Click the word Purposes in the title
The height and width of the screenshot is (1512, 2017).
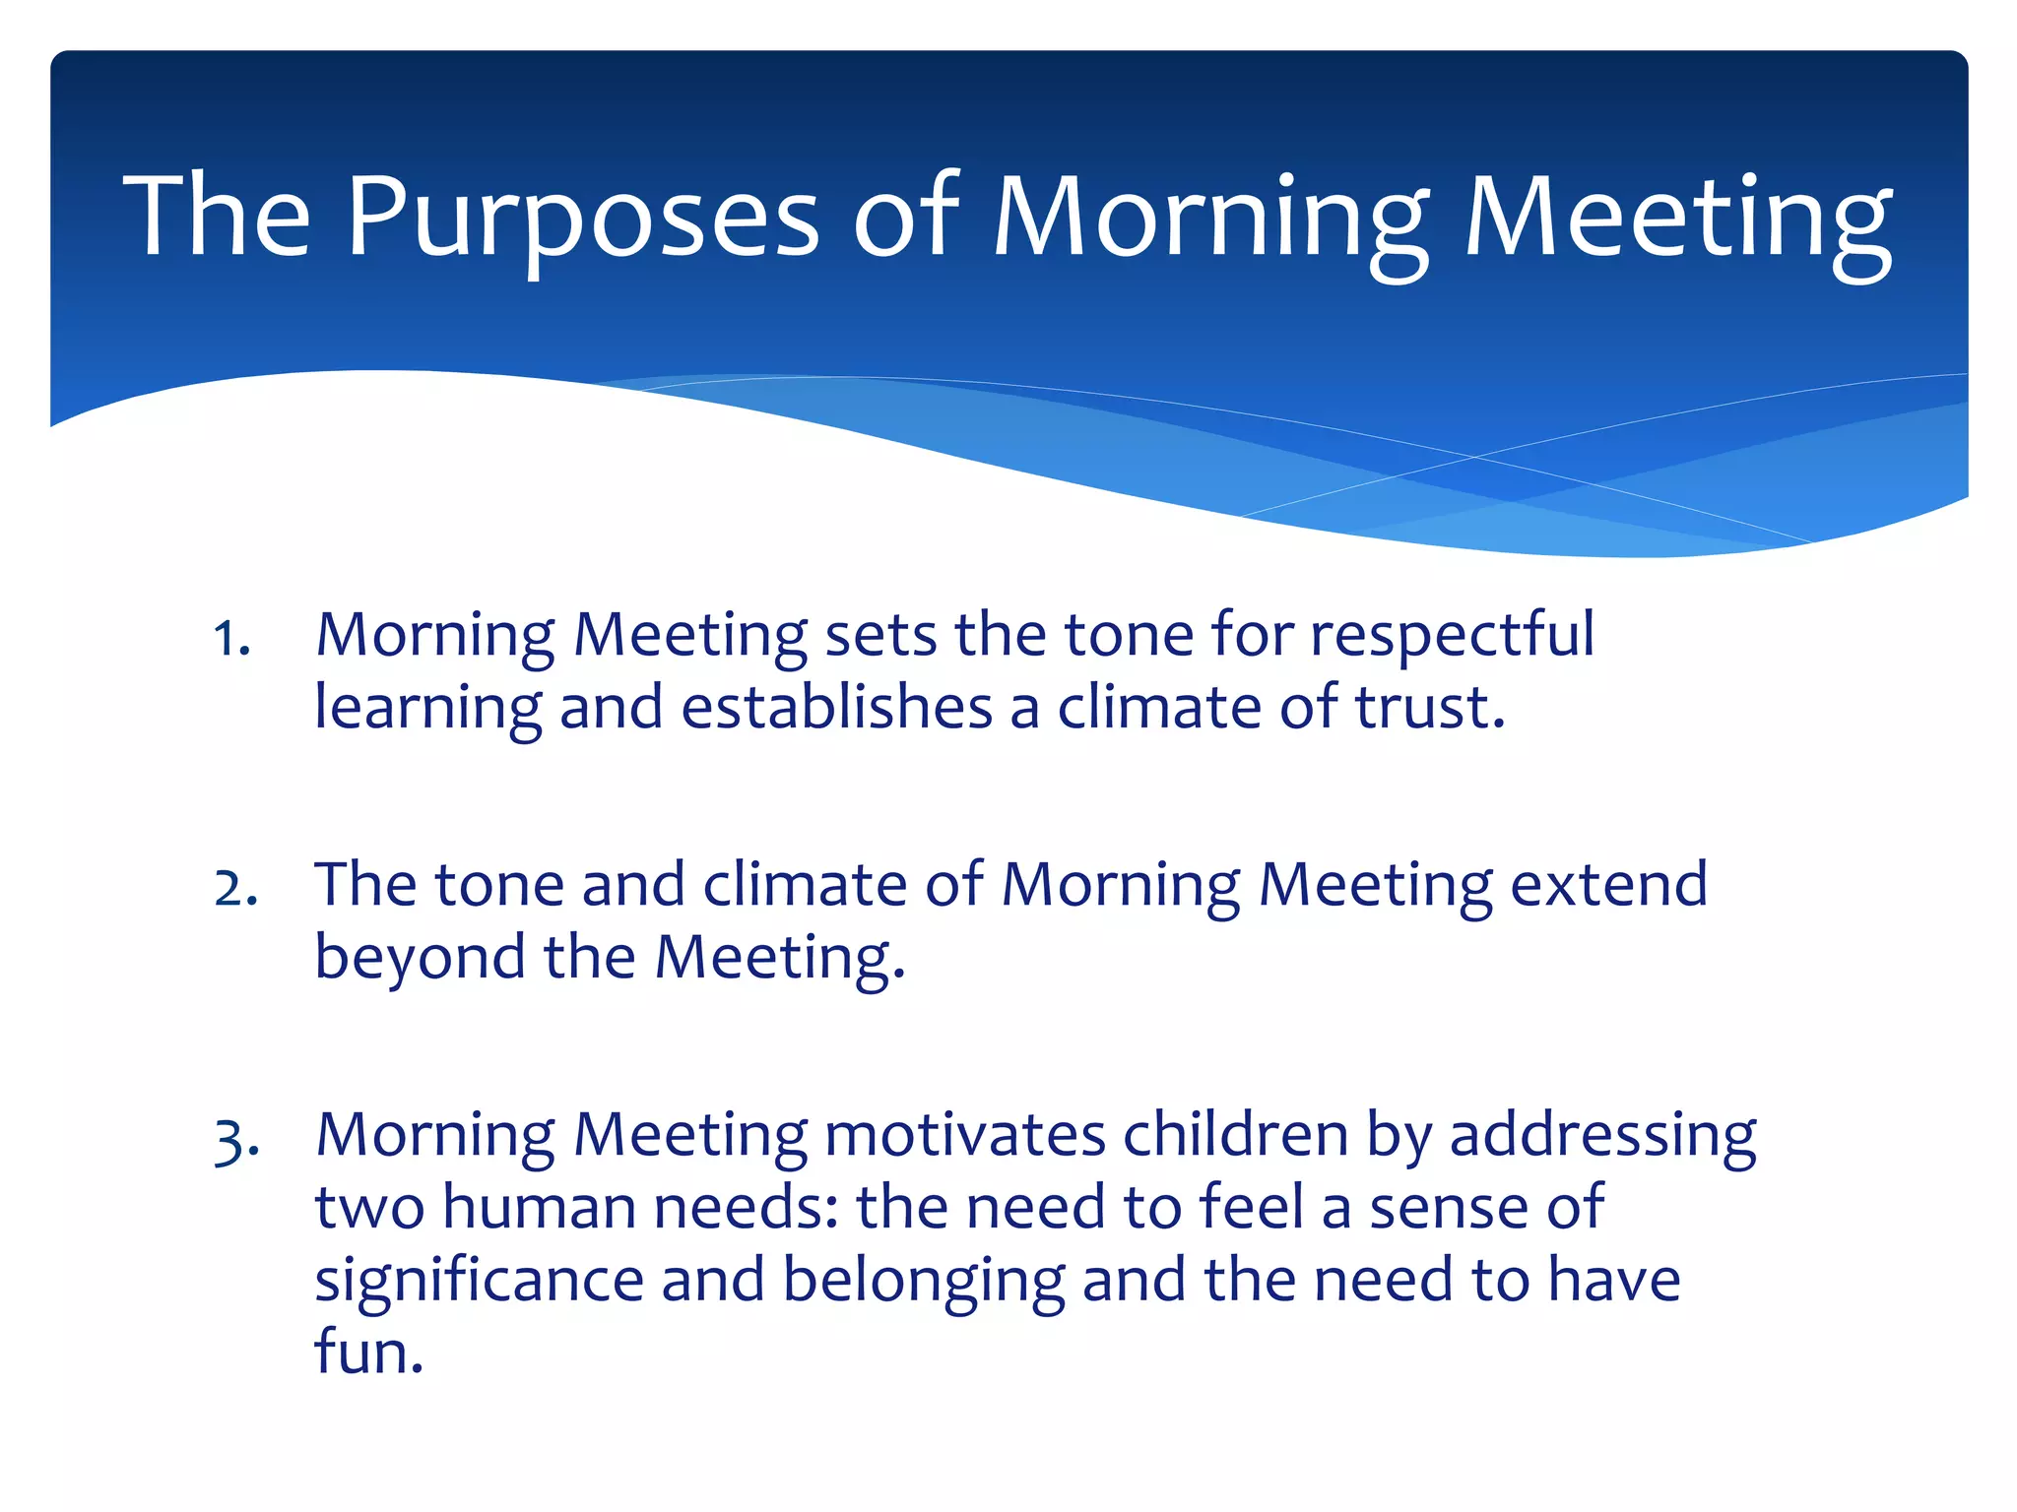[581, 217]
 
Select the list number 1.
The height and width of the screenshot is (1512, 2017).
[231, 639]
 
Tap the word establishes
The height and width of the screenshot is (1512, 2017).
[836, 708]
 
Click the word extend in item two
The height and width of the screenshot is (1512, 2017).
[1608, 884]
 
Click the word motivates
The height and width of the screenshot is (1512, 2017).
[964, 1135]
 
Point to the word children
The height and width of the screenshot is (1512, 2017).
[1235, 1135]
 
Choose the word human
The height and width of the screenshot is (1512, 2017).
[539, 1208]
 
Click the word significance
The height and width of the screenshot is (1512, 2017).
[479, 1281]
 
